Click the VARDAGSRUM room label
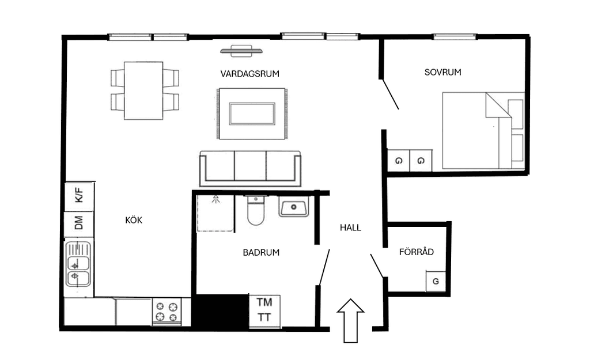pyautogui.click(x=250, y=74)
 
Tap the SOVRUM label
pyautogui.click(x=443, y=72)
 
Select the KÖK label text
pyautogui.click(x=134, y=220)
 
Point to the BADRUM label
pyautogui.click(x=261, y=252)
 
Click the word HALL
pyautogui.click(x=350, y=228)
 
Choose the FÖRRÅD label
pyautogui.click(x=417, y=252)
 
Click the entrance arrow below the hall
pyautogui.click(x=351, y=321)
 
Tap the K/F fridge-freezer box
pyautogui.click(x=80, y=196)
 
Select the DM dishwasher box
pyautogui.click(x=79, y=224)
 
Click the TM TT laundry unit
pyautogui.click(x=264, y=310)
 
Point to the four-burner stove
pyautogui.click(x=167, y=312)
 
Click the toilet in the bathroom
pyautogui.click(x=256, y=210)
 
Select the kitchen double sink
pyautogui.click(x=78, y=264)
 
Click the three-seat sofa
pyautogui.click(x=250, y=169)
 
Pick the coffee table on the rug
pyautogui.click(x=252, y=113)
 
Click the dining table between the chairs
pyautogui.click(x=143, y=90)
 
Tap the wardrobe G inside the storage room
pyautogui.click(x=436, y=282)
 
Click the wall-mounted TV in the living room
pyautogui.click(x=241, y=51)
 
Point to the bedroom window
pyautogui.click(x=455, y=36)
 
